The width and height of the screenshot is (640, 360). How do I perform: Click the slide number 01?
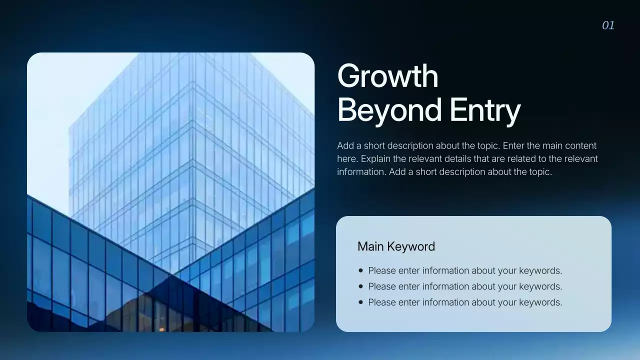click(x=608, y=25)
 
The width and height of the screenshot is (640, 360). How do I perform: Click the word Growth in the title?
click(x=387, y=76)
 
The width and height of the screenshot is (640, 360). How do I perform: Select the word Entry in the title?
click(x=485, y=110)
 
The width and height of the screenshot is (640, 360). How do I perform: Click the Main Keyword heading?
click(x=396, y=246)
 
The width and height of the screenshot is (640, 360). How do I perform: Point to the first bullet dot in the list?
click(x=361, y=270)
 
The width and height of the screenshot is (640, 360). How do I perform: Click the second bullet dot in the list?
click(x=361, y=286)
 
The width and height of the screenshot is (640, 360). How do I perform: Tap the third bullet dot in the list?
click(x=361, y=302)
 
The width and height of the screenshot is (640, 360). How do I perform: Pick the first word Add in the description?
click(x=345, y=146)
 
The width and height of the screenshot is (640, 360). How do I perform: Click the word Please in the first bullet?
click(x=381, y=271)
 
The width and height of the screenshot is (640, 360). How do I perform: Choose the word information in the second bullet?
click(x=445, y=286)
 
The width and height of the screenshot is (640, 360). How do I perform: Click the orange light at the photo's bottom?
click(x=161, y=329)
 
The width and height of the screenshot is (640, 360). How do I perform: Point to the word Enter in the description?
click(x=514, y=146)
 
